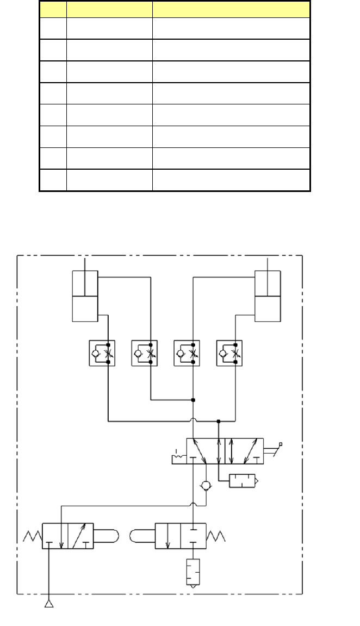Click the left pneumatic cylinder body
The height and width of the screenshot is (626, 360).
tap(85, 296)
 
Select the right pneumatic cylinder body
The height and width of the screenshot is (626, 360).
tap(268, 296)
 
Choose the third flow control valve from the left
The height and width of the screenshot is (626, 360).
tap(186, 353)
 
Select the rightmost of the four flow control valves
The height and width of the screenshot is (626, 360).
tap(229, 353)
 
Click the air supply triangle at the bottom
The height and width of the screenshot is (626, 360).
tap(49, 604)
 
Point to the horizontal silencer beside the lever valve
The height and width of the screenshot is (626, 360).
tap(243, 481)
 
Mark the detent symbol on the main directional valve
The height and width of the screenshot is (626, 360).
tap(178, 458)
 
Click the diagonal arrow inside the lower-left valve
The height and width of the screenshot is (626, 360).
tap(82, 537)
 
